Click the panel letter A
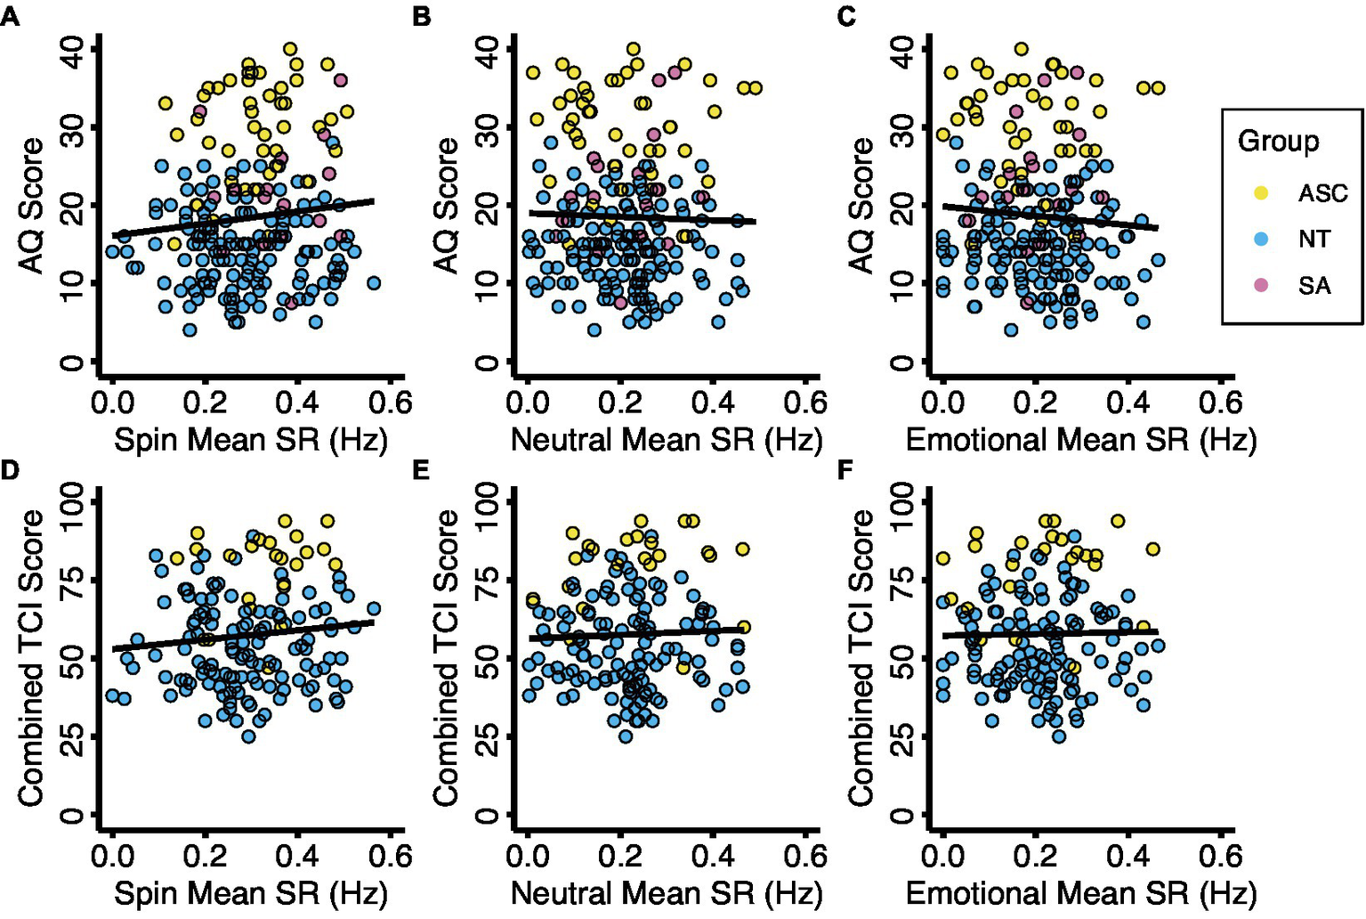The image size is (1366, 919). coord(10,16)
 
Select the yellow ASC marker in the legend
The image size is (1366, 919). coord(1261,192)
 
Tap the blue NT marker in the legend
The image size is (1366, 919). coord(1261,239)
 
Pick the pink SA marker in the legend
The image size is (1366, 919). coord(1261,285)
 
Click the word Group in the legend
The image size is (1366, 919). coord(1278,142)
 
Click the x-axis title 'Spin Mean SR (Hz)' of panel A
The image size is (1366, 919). coord(251,440)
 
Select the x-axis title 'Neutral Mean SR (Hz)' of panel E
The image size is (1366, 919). coord(667,893)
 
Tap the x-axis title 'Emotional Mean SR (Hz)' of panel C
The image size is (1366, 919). coord(1080,440)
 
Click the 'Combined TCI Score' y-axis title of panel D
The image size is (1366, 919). coord(31,658)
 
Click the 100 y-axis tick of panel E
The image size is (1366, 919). coord(488,504)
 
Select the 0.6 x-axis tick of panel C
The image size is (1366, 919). coord(1220,403)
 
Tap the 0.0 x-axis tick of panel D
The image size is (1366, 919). coord(113,856)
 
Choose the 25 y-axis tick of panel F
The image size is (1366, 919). coord(902,737)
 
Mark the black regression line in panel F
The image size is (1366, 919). coord(1050,633)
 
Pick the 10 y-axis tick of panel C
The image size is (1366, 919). coord(902,284)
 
